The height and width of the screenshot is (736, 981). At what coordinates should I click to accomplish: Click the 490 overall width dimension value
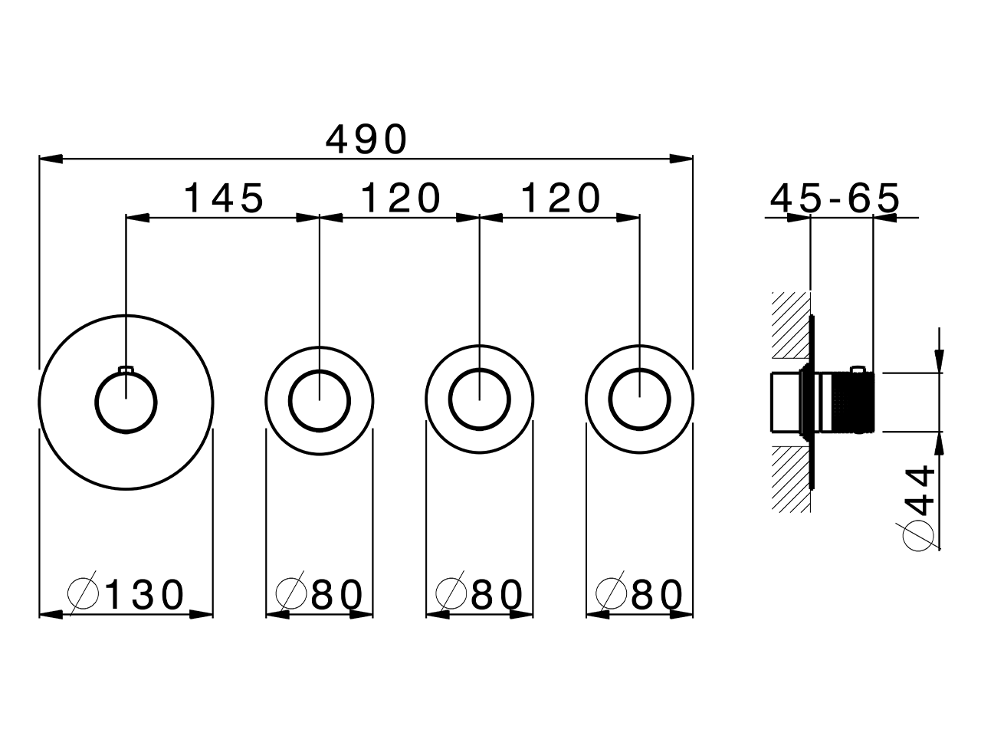click(366, 140)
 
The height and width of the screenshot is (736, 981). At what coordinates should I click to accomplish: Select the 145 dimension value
click(225, 199)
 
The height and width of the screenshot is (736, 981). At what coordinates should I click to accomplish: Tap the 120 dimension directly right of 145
click(401, 199)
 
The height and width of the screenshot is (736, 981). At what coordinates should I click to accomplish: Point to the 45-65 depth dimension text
click(835, 199)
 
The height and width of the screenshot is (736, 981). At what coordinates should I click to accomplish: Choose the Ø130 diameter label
click(126, 594)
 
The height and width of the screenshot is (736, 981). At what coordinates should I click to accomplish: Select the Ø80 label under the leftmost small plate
click(320, 594)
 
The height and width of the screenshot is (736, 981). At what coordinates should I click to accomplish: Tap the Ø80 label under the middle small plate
click(480, 594)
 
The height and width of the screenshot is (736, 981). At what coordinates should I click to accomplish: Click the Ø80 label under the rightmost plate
click(639, 594)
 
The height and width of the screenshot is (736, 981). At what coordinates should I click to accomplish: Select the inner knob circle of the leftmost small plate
click(320, 399)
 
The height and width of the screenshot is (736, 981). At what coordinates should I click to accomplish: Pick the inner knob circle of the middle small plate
click(479, 399)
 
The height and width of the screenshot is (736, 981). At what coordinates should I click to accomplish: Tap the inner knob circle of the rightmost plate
click(639, 399)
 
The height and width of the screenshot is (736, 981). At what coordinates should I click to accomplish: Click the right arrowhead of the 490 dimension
click(682, 159)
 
